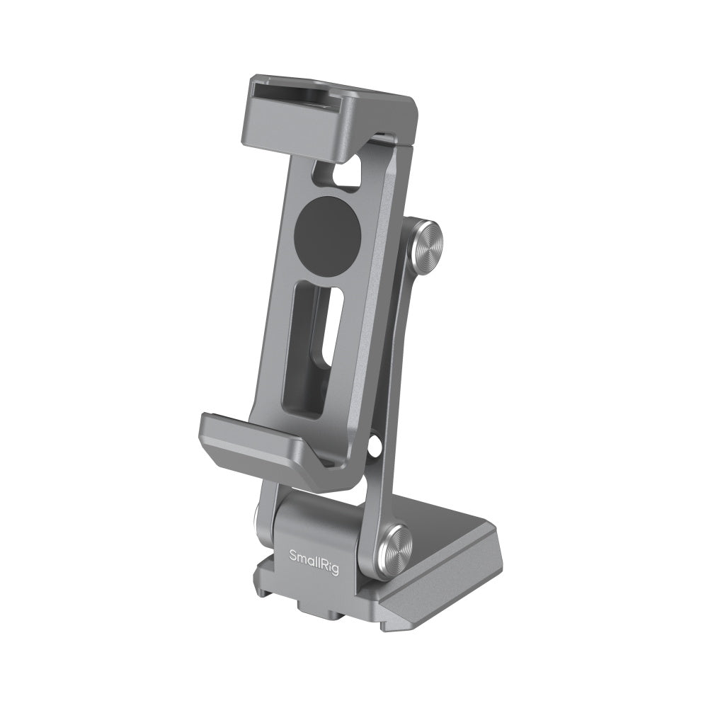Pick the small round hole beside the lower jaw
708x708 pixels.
coord(372,445)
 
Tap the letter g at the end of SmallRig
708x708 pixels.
coord(335,570)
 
